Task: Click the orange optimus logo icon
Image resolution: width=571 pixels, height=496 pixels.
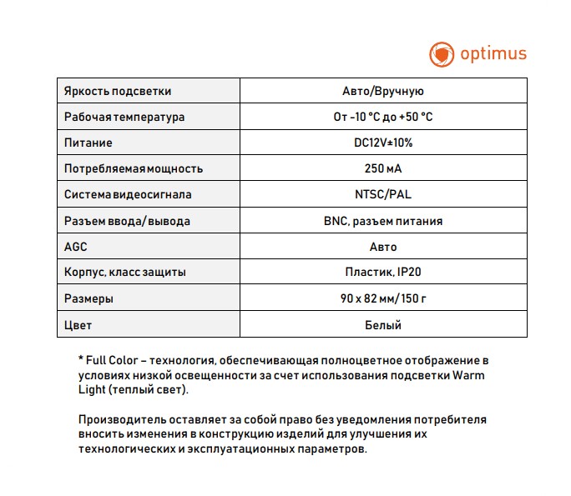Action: click(441, 54)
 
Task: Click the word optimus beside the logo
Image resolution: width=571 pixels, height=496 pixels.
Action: click(494, 54)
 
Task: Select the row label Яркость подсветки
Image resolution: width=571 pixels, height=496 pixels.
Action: click(117, 91)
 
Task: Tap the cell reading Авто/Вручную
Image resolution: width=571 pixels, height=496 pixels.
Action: click(383, 91)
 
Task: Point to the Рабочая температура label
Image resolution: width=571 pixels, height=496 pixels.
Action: click(124, 117)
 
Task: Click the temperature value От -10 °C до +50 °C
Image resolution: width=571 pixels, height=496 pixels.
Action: click(383, 117)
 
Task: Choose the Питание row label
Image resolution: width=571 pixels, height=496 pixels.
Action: click(88, 143)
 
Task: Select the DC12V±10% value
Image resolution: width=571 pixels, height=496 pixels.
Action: click(383, 143)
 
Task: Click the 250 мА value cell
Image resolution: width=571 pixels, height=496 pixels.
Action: click(383, 168)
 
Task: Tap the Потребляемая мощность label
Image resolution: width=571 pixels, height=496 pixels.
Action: click(134, 168)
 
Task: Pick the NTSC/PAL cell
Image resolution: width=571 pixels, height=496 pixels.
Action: click(383, 194)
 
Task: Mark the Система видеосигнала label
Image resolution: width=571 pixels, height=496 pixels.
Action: click(128, 194)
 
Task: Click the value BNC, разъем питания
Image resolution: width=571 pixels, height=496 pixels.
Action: click(383, 221)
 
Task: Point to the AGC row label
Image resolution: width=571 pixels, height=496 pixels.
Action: click(76, 247)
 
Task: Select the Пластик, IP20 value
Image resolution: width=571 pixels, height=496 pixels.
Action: click(383, 273)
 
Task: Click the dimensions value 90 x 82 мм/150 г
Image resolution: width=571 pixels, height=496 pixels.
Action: click(383, 298)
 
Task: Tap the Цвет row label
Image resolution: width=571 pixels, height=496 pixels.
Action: click(78, 324)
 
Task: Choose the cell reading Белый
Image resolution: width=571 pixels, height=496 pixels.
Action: click(383, 324)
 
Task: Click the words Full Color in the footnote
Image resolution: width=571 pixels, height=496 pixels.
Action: click(111, 360)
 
